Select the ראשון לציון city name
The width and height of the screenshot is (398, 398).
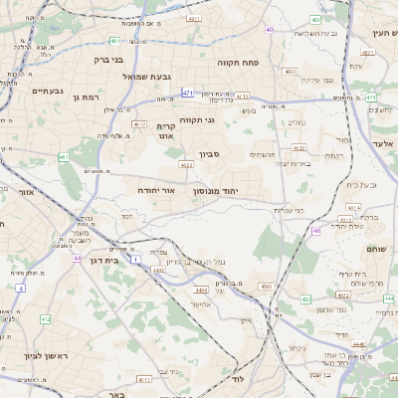(x=42, y=355)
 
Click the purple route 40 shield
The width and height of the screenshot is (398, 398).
(x=269, y=30)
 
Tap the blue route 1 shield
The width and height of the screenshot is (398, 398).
(x=134, y=258)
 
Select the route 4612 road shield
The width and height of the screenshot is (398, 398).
(x=138, y=124)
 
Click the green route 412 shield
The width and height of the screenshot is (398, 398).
(x=45, y=318)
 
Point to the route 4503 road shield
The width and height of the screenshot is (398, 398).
(x=266, y=287)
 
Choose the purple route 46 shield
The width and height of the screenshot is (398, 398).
(x=316, y=231)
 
